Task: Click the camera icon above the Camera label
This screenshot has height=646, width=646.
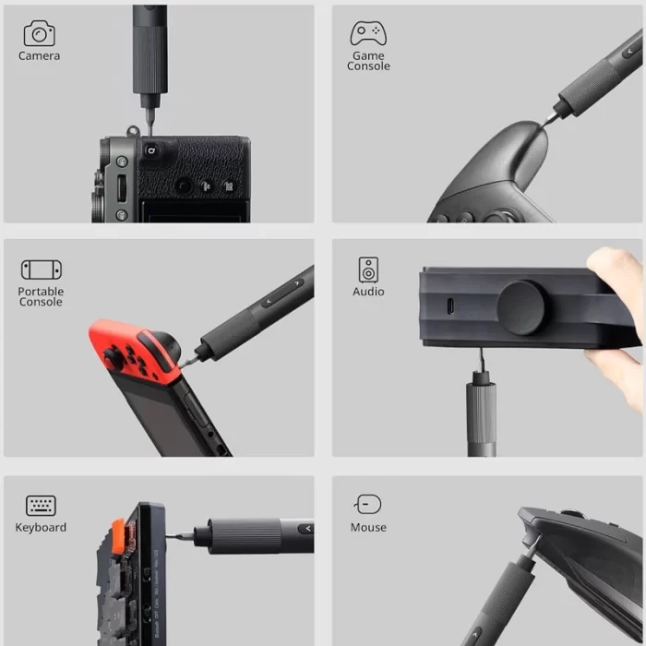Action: [39, 33]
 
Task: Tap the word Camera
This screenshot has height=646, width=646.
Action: [39, 56]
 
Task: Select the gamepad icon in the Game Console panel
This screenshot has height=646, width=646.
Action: [368, 33]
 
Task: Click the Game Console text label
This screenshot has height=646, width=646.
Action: [368, 61]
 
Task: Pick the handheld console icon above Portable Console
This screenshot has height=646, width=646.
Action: [41, 269]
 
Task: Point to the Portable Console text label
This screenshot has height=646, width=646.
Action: [41, 296]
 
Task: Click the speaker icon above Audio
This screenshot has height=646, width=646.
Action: [368, 269]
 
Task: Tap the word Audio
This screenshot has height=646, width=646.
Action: [368, 292]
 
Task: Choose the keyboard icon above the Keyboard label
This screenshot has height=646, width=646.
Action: [41, 505]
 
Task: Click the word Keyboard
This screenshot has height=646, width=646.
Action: [41, 528]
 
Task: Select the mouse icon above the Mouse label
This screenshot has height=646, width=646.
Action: [368, 504]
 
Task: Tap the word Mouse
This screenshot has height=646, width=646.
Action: [368, 528]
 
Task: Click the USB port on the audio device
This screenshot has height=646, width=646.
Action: [450, 307]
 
